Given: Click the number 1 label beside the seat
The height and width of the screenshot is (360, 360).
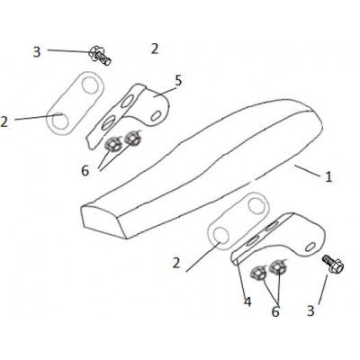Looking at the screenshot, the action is click(328, 176).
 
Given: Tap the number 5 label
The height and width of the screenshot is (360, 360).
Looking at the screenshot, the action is click(178, 80).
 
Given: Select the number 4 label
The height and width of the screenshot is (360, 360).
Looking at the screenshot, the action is click(247, 301).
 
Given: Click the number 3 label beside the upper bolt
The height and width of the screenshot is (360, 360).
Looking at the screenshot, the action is click(37, 52).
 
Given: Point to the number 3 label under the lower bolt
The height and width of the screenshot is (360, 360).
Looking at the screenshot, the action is click(310, 310).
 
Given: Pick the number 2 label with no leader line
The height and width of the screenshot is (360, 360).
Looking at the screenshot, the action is click(155, 49).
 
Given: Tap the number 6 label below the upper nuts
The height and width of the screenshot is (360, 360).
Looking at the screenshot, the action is click(85, 171).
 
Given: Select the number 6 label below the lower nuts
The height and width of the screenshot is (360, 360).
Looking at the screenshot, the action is click(275, 311).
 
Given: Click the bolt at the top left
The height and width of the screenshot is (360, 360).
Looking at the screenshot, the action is click(100, 56).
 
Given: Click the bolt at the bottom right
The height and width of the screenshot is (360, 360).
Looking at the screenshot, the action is click(333, 264).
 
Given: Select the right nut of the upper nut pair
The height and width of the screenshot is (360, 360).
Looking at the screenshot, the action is click(131, 138).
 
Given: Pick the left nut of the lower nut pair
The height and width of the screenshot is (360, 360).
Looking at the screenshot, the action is click(258, 274).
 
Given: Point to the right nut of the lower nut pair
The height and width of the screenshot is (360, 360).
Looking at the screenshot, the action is click(277, 266).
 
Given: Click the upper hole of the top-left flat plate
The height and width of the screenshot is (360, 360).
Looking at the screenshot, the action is click(90, 85).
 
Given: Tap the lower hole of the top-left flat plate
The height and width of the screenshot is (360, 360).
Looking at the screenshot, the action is click(60, 121).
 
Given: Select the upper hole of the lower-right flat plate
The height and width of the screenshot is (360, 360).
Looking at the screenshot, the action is click(257, 206).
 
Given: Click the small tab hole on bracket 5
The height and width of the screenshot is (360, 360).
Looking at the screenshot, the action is click(156, 116).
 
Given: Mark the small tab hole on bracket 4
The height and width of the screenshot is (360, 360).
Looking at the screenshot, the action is click(310, 247).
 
